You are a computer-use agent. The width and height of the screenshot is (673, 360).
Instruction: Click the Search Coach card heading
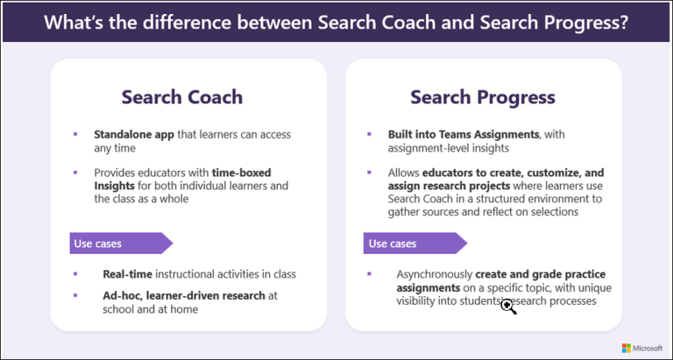pyautogui.click(x=181, y=96)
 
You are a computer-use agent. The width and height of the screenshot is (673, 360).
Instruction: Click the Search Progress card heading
pyautogui.click(x=484, y=96)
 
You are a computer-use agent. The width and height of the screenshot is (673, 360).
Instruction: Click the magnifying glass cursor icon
pyautogui.click(x=507, y=306)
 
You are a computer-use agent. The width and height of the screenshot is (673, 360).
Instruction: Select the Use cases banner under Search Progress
pyautogui.click(x=412, y=243)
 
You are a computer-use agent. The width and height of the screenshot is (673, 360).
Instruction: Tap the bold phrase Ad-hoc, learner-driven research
pyautogui.click(x=184, y=295)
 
